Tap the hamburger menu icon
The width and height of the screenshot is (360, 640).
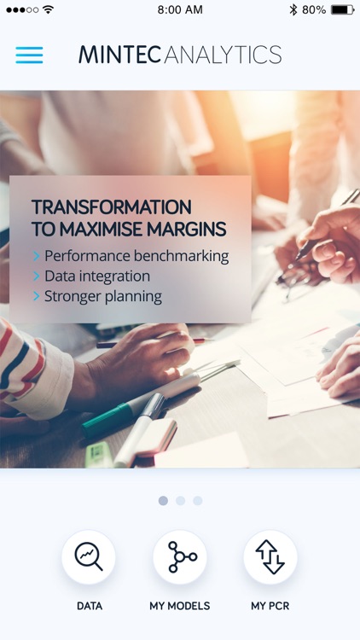point(29,55)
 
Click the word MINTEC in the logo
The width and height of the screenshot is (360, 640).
point(120,55)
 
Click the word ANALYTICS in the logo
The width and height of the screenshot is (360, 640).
point(223,55)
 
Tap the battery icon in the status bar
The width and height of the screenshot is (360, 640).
point(342,9)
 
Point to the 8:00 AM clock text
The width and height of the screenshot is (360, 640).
point(180,9)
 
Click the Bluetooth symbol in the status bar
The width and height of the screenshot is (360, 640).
point(293,9)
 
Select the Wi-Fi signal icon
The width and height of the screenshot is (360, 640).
point(48,9)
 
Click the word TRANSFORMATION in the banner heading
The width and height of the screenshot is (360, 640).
point(112,207)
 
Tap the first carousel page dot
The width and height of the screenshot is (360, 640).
point(163,500)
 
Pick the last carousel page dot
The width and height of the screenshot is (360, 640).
point(198,500)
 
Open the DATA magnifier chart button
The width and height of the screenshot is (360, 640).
point(89,556)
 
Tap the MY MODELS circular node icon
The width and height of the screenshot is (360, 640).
point(180,556)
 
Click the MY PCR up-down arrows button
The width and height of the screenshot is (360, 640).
point(270,556)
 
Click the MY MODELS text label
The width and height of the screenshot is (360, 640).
point(180,606)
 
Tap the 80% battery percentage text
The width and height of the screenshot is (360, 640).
point(314,9)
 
